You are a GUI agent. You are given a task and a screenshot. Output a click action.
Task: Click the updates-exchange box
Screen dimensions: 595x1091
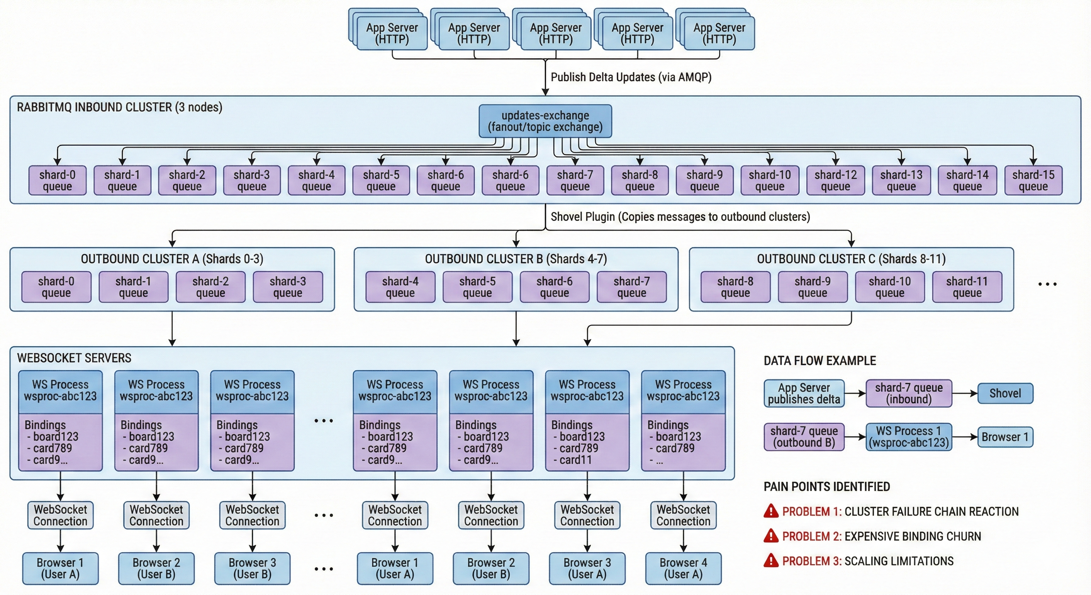[x=545, y=121]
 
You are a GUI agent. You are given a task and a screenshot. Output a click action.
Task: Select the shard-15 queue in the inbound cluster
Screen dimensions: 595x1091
[x=1033, y=181]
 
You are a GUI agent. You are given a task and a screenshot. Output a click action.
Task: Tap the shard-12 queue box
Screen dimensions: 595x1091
[x=835, y=181]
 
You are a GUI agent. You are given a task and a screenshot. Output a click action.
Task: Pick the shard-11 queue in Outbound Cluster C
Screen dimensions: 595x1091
[x=967, y=287]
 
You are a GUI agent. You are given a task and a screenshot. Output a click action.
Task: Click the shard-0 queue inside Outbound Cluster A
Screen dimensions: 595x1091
[x=56, y=287]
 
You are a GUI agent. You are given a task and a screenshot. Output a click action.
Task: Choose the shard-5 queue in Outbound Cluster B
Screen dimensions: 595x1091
[x=477, y=287]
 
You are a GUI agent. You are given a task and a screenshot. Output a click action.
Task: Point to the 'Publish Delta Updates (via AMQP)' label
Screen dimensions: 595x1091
[x=631, y=77]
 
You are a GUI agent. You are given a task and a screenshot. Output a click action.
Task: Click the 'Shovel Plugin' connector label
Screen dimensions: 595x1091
[x=680, y=217]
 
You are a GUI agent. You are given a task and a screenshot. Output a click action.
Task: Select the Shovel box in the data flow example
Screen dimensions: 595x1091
[x=1005, y=394]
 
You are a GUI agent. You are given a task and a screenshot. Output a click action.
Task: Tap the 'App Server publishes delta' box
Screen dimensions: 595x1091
[x=804, y=394]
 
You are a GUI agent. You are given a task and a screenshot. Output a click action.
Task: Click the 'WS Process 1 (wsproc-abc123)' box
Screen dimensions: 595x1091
[x=909, y=437]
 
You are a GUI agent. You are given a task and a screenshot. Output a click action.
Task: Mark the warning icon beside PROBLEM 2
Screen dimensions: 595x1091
[x=771, y=536]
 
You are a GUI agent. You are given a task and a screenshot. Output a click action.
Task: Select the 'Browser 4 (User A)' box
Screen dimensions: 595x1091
[x=683, y=568]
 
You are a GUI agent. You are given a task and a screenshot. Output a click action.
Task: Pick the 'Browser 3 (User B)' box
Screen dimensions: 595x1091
[x=253, y=568]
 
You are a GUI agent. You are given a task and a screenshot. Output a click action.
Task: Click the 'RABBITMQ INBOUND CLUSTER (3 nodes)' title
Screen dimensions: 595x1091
[x=119, y=107]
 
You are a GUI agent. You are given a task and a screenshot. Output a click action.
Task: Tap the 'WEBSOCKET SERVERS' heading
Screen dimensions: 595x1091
[x=74, y=358]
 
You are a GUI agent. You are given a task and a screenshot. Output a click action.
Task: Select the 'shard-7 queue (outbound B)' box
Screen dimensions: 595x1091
[x=804, y=437]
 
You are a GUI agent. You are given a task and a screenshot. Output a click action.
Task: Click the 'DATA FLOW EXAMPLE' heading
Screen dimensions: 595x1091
[x=819, y=361]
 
